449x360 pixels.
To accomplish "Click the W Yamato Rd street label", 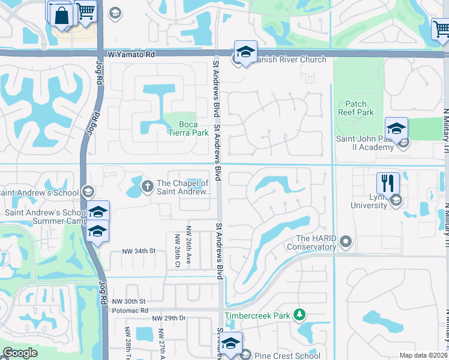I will point(131,55).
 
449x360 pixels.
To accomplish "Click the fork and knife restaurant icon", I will point(388,183).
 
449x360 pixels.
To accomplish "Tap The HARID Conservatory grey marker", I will point(345,242).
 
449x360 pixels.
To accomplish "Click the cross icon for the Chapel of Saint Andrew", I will point(147,187).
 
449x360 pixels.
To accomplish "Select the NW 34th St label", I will point(139,251).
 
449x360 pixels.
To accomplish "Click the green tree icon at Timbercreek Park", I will point(299,315).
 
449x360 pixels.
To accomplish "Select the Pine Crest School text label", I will point(288,356).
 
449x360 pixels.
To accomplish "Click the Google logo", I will point(20,353).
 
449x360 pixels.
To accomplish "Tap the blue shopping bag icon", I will point(61,14).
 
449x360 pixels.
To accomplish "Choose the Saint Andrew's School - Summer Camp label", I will point(44,217).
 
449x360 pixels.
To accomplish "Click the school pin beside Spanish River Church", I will point(246,52).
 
